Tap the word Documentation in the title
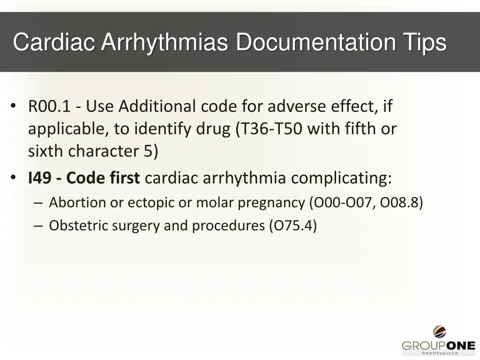point(315,43)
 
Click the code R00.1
point(49,107)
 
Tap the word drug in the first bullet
point(213,129)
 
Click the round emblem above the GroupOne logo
point(439,332)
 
